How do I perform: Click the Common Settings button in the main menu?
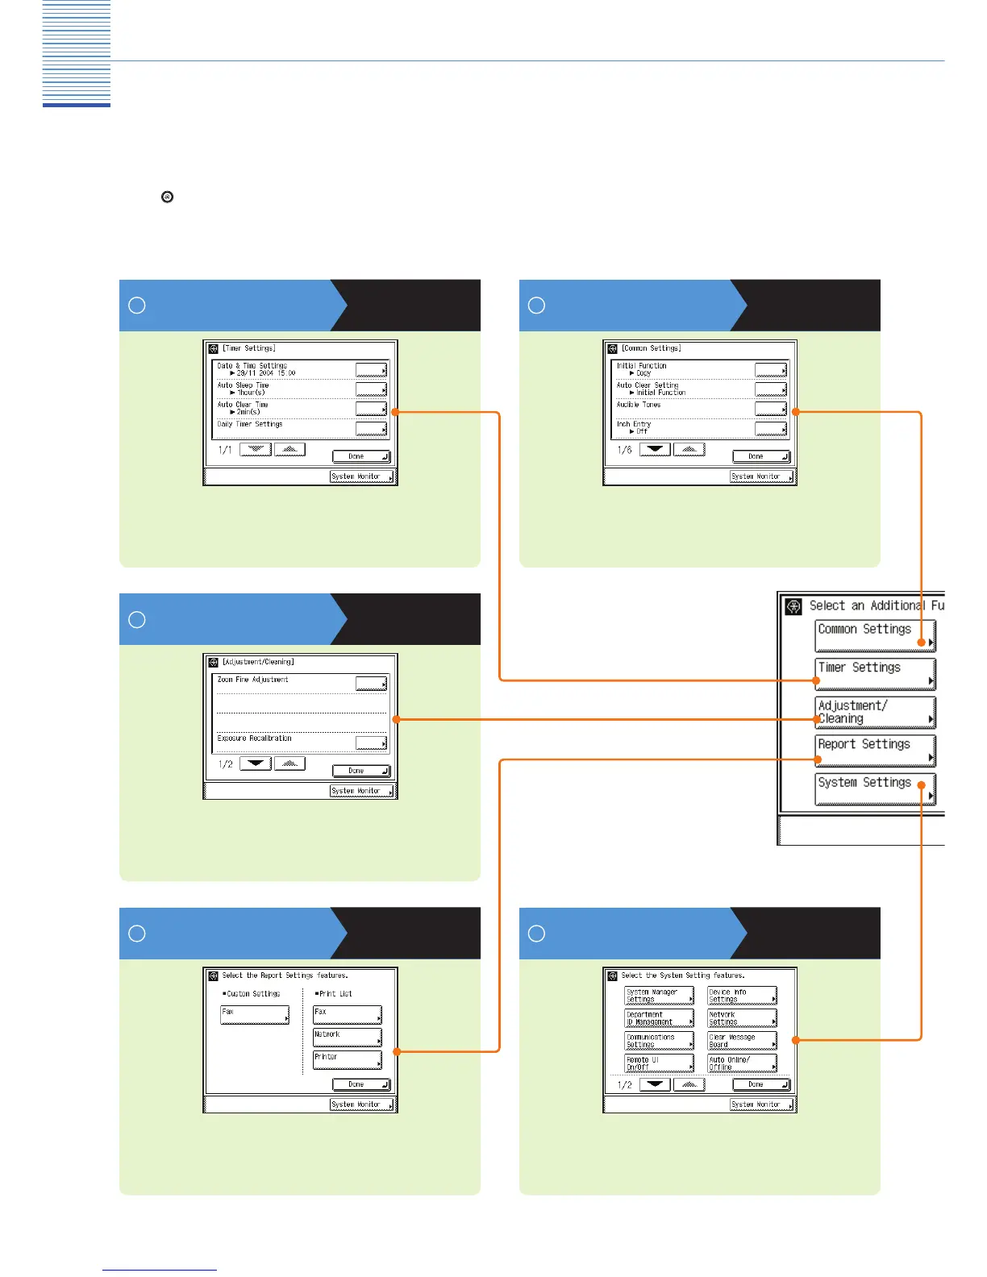(x=875, y=635)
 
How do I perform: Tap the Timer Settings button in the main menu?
(x=875, y=674)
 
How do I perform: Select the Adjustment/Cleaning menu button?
(x=875, y=712)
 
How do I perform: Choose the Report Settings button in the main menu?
(x=875, y=751)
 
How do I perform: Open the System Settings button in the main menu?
(x=875, y=788)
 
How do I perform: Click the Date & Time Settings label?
(x=252, y=366)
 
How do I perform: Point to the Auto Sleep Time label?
(x=243, y=385)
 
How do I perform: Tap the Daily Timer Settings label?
(x=250, y=424)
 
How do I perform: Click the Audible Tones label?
(x=639, y=405)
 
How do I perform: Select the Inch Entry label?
(x=634, y=424)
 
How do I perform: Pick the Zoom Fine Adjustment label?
(x=253, y=680)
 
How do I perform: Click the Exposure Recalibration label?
(x=255, y=738)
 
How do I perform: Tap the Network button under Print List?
(x=348, y=1037)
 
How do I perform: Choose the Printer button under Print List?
(x=348, y=1059)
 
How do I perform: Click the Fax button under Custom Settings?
(x=255, y=1014)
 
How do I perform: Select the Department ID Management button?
(x=659, y=1018)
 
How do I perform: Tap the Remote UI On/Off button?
(x=659, y=1063)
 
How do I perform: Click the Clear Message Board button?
(x=742, y=1041)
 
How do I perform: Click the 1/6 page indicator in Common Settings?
(x=625, y=450)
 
